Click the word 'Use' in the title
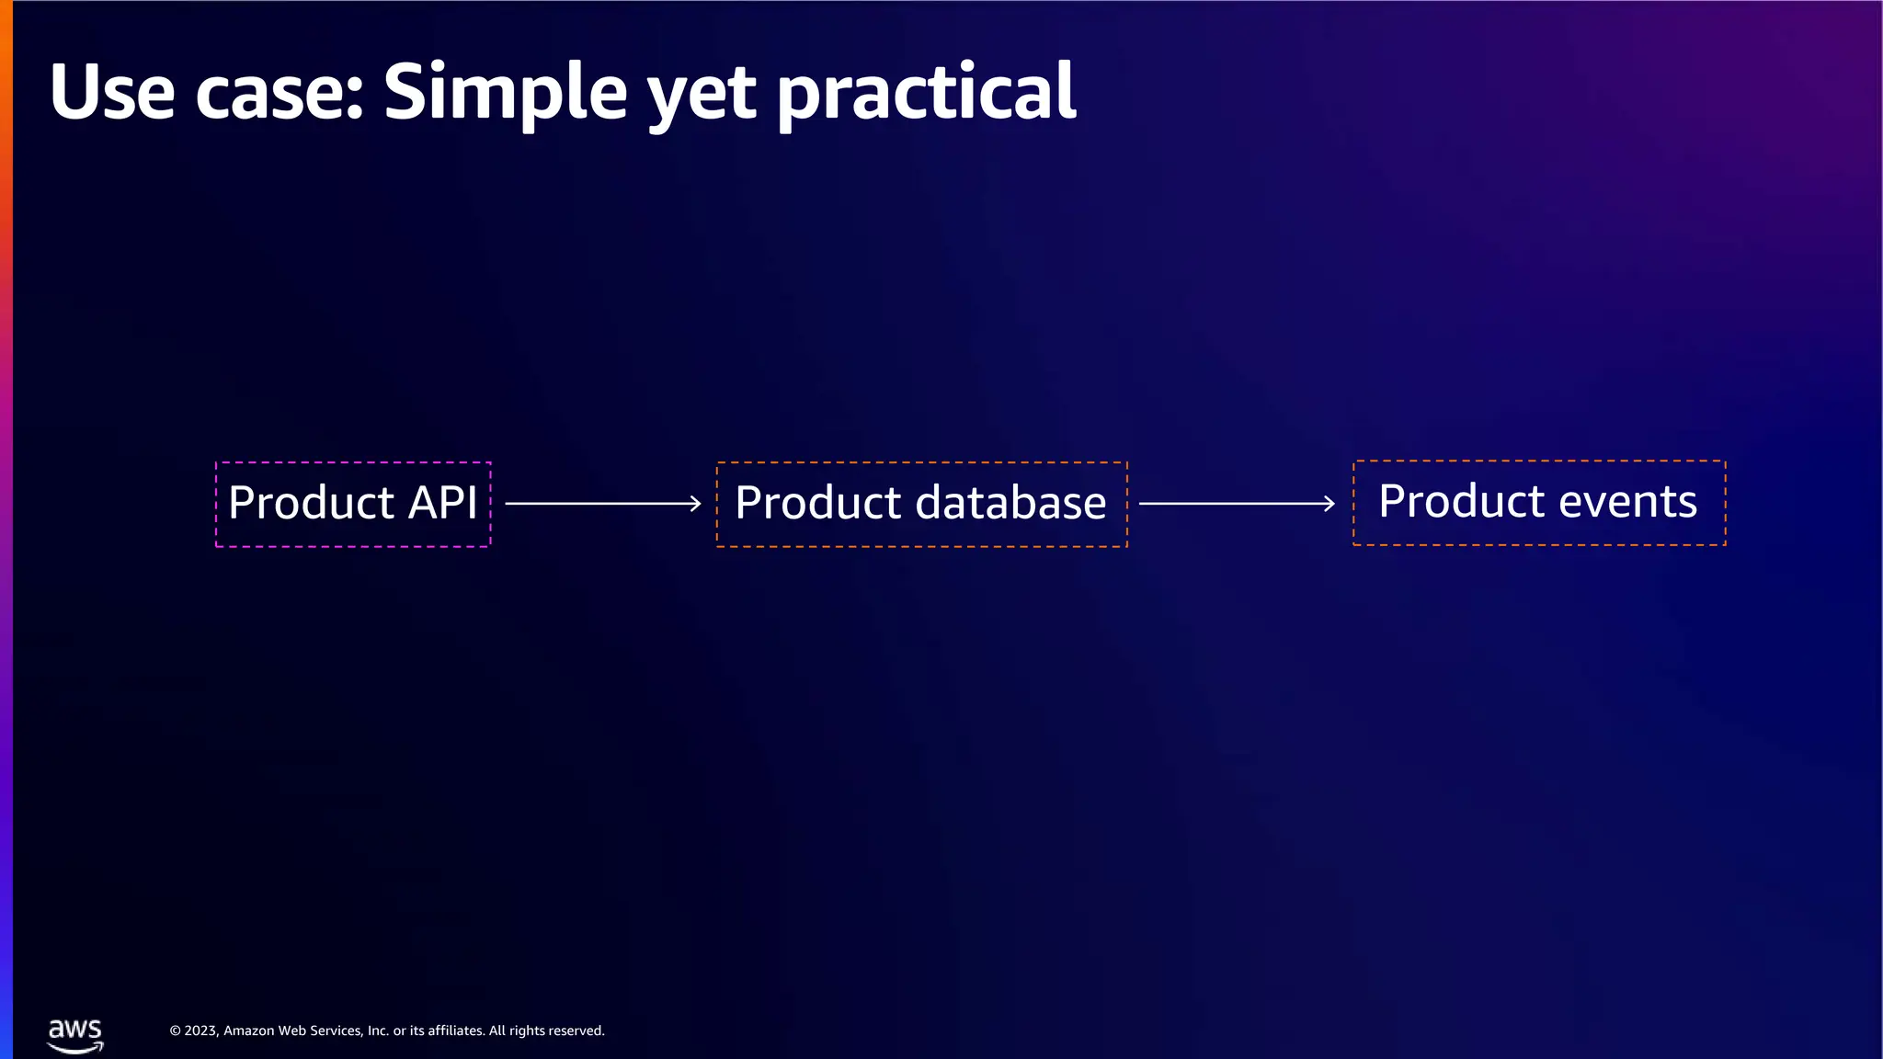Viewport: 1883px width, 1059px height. coord(111,92)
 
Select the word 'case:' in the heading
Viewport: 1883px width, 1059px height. coord(280,94)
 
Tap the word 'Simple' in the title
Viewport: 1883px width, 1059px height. coord(505,94)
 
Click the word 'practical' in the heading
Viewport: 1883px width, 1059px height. coord(926,94)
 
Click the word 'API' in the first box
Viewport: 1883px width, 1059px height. coord(442,503)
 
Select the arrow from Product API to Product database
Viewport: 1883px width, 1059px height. coord(598,504)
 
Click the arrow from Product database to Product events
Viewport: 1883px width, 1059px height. coord(1232,504)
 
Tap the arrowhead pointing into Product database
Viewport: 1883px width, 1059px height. coord(696,504)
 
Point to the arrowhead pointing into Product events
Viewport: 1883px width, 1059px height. coord(1330,504)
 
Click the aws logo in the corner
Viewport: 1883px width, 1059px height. coord(75,1035)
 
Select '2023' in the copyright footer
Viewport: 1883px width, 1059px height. coord(200,1031)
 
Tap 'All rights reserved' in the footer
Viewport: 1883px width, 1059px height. coord(546,1031)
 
